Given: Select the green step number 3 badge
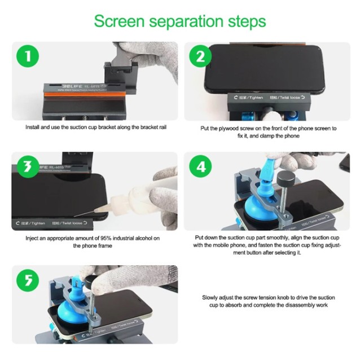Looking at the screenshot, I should (x=26, y=166).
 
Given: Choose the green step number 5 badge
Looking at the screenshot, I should (x=26, y=280).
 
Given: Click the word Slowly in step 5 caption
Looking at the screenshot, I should (x=210, y=297).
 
